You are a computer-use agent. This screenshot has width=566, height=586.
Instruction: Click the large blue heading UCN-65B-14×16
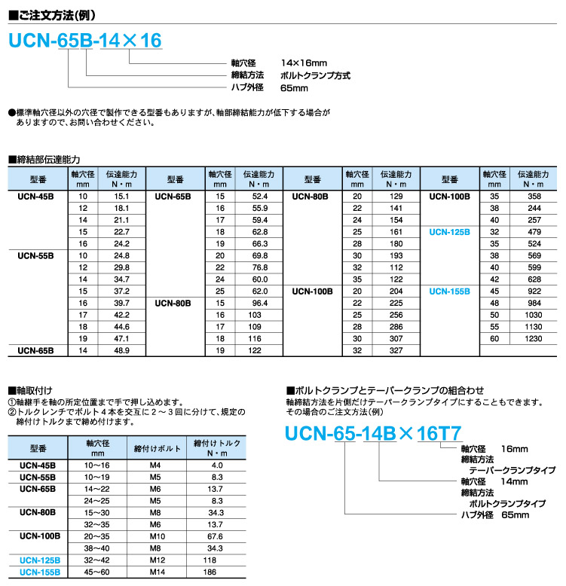(x=84, y=41)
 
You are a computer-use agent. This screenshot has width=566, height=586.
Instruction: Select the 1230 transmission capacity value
(x=534, y=339)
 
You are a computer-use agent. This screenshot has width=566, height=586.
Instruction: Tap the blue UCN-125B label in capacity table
(x=449, y=232)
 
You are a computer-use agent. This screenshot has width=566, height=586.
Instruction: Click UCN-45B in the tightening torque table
(x=37, y=465)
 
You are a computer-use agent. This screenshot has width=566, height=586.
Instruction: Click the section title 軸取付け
(x=33, y=389)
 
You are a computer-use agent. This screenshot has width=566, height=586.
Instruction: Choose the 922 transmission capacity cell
(x=534, y=290)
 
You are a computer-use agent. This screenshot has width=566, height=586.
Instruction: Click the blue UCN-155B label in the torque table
(x=37, y=572)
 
